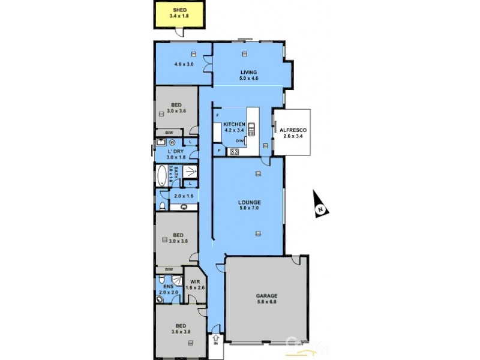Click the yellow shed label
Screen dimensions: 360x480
(179, 13)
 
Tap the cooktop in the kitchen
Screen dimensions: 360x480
(233, 152)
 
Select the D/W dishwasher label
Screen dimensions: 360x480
(239, 140)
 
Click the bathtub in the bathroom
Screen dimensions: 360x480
(161, 176)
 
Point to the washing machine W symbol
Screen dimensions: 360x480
(172, 142)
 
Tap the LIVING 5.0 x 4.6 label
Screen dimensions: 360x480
(248, 74)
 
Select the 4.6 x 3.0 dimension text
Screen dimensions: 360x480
(184, 64)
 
